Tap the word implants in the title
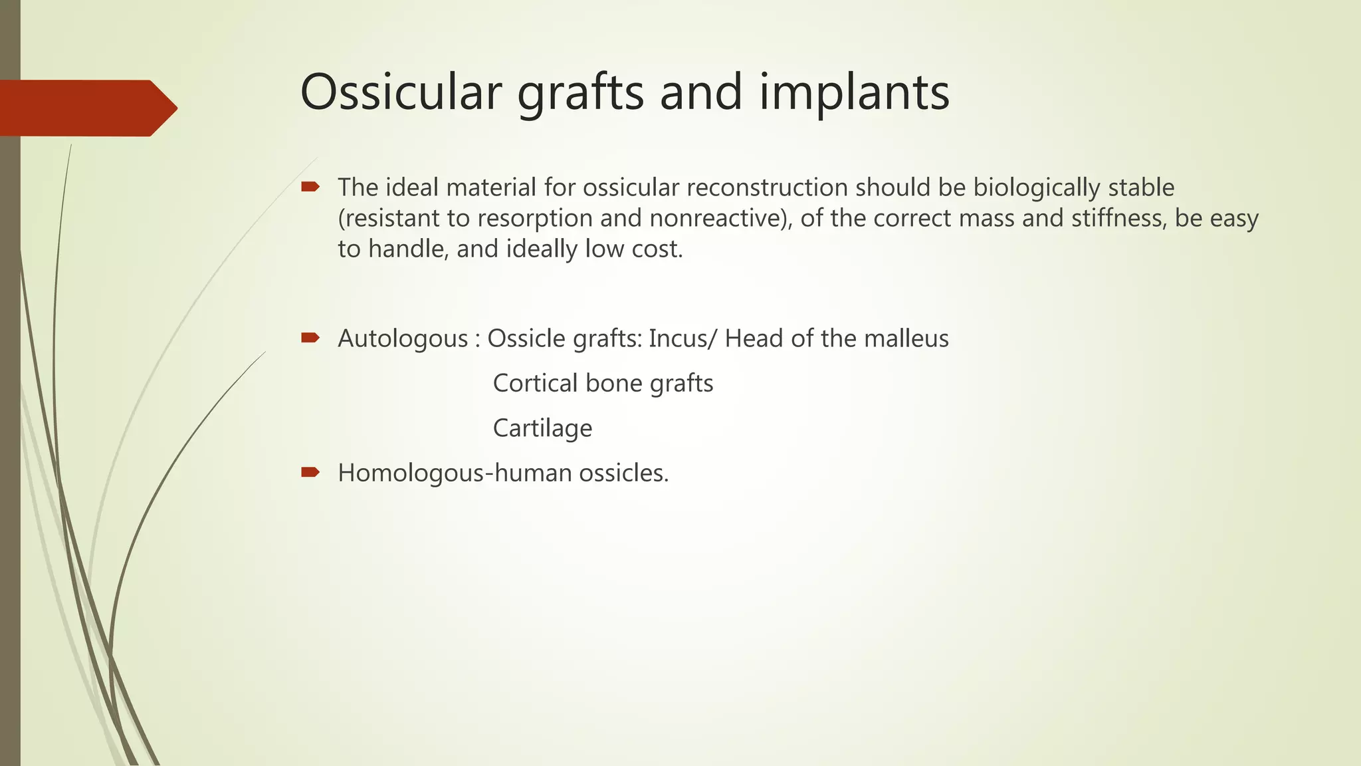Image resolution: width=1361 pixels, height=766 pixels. point(855,93)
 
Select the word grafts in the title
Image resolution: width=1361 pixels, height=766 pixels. point(580,93)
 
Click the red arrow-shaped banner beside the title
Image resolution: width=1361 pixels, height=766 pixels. point(86,108)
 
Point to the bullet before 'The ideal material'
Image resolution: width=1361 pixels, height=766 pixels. point(310,188)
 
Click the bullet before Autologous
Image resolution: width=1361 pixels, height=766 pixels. point(310,338)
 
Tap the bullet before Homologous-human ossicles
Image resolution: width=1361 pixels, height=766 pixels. point(310,473)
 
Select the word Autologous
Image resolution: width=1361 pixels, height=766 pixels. point(403,339)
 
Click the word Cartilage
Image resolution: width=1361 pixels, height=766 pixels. point(542,428)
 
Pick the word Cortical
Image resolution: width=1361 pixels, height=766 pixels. point(535,384)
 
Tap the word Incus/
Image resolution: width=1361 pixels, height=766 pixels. point(683,338)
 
